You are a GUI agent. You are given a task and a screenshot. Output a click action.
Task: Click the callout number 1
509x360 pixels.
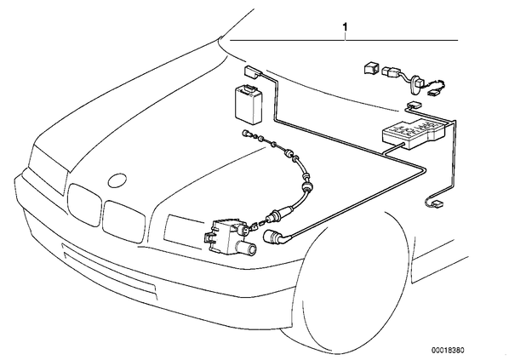pos(345,27)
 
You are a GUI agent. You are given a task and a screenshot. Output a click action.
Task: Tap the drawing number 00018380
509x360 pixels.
pos(448,351)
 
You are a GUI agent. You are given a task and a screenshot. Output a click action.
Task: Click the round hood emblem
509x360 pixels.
pos(117,180)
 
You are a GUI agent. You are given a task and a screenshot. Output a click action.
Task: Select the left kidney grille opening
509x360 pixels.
pos(84,204)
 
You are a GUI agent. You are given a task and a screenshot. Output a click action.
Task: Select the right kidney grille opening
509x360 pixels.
pos(123,221)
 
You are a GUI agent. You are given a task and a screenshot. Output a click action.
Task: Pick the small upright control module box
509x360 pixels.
pos(249,103)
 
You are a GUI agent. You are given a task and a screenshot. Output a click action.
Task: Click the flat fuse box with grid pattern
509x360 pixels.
pos(415,133)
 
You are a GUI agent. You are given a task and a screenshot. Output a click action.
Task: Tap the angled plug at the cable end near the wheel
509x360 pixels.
pos(275,236)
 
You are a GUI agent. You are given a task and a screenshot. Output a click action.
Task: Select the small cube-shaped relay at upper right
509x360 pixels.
pos(370,68)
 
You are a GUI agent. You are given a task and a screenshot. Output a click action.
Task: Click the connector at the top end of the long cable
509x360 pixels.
pos(252,71)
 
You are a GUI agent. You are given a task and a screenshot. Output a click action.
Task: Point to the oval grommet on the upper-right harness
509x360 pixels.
pos(415,84)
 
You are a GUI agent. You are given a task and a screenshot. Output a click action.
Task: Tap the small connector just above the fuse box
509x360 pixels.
pos(414,104)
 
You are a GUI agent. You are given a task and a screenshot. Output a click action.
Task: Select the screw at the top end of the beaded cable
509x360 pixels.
pos(246,133)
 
